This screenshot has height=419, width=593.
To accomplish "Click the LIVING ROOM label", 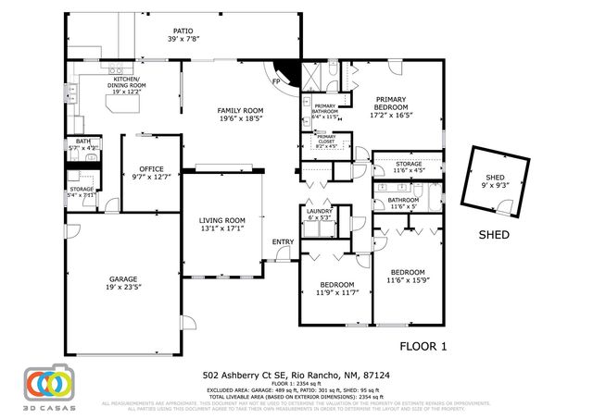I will (222, 225).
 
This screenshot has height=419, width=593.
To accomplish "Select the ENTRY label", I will (282, 242).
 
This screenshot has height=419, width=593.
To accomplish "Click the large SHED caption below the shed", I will (493, 235).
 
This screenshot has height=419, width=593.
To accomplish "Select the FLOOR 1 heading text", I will (423, 346).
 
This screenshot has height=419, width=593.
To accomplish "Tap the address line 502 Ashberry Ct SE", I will (296, 376).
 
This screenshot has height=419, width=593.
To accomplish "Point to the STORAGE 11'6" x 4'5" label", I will (409, 167).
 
